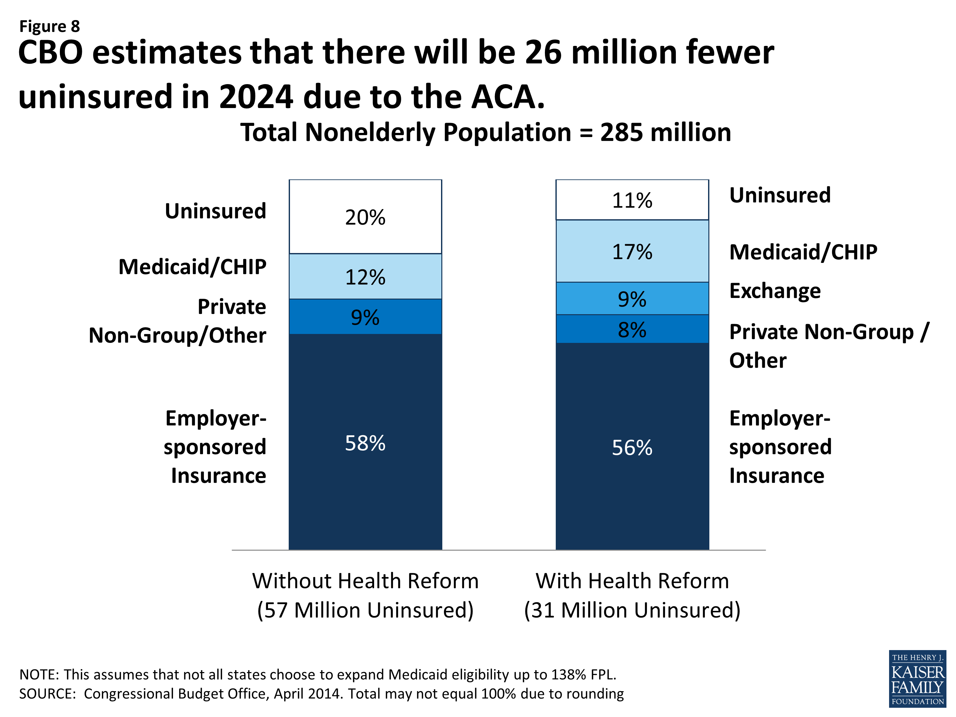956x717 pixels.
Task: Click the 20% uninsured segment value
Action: [365, 217]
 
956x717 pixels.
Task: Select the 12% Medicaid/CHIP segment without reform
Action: [365, 277]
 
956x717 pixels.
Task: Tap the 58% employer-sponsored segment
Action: [365, 443]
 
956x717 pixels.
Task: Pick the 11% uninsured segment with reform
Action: [632, 200]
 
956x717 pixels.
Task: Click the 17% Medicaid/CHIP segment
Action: [632, 251]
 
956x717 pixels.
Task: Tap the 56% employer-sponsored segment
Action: [632, 447]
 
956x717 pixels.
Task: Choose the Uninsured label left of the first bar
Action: [215, 211]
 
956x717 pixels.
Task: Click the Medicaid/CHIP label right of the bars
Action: [803, 252]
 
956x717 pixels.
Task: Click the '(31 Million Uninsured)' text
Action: [632, 610]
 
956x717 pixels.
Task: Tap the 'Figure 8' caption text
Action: [50, 26]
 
